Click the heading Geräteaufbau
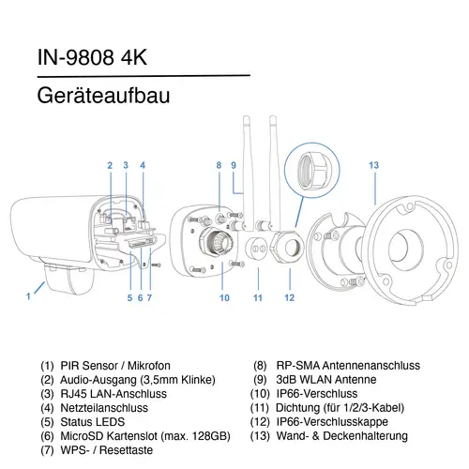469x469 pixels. pos(102,97)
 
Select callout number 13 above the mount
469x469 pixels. pos(373,165)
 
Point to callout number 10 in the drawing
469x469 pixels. pos(224,298)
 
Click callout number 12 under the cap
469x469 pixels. pos(289,298)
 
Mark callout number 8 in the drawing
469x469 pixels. pos(218,165)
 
